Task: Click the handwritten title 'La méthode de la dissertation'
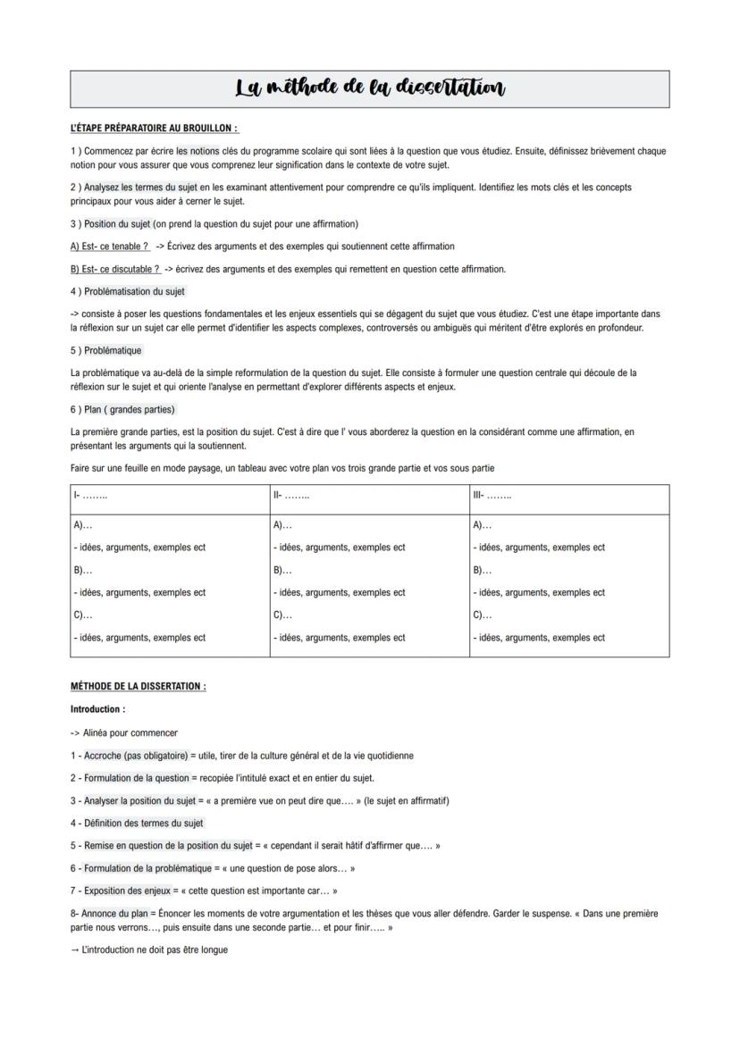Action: [x=370, y=88]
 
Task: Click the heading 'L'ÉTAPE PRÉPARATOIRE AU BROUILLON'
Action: [x=154, y=129]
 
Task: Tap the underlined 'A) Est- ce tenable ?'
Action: [x=110, y=247]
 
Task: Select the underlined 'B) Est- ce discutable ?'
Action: [x=115, y=269]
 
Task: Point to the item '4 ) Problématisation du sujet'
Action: [x=128, y=291]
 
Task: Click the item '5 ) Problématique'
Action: [x=105, y=350]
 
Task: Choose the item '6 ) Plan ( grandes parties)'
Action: [x=122, y=409]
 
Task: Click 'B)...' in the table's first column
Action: [x=82, y=570]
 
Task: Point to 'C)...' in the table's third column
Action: [x=482, y=615]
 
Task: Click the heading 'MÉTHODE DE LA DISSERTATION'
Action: [x=138, y=686]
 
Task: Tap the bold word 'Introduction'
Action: [x=97, y=709]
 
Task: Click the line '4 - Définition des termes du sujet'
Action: [x=137, y=823]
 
